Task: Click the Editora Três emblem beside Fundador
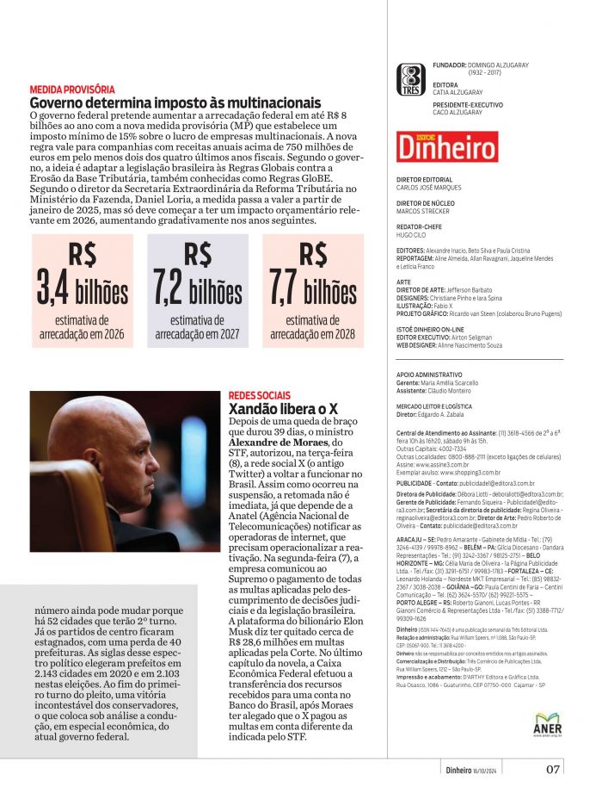(x=413, y=80)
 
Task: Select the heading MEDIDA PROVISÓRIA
(x=72, y=90)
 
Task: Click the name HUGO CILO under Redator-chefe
(x=412, y=233)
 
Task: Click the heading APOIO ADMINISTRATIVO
(x=429, y=375)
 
